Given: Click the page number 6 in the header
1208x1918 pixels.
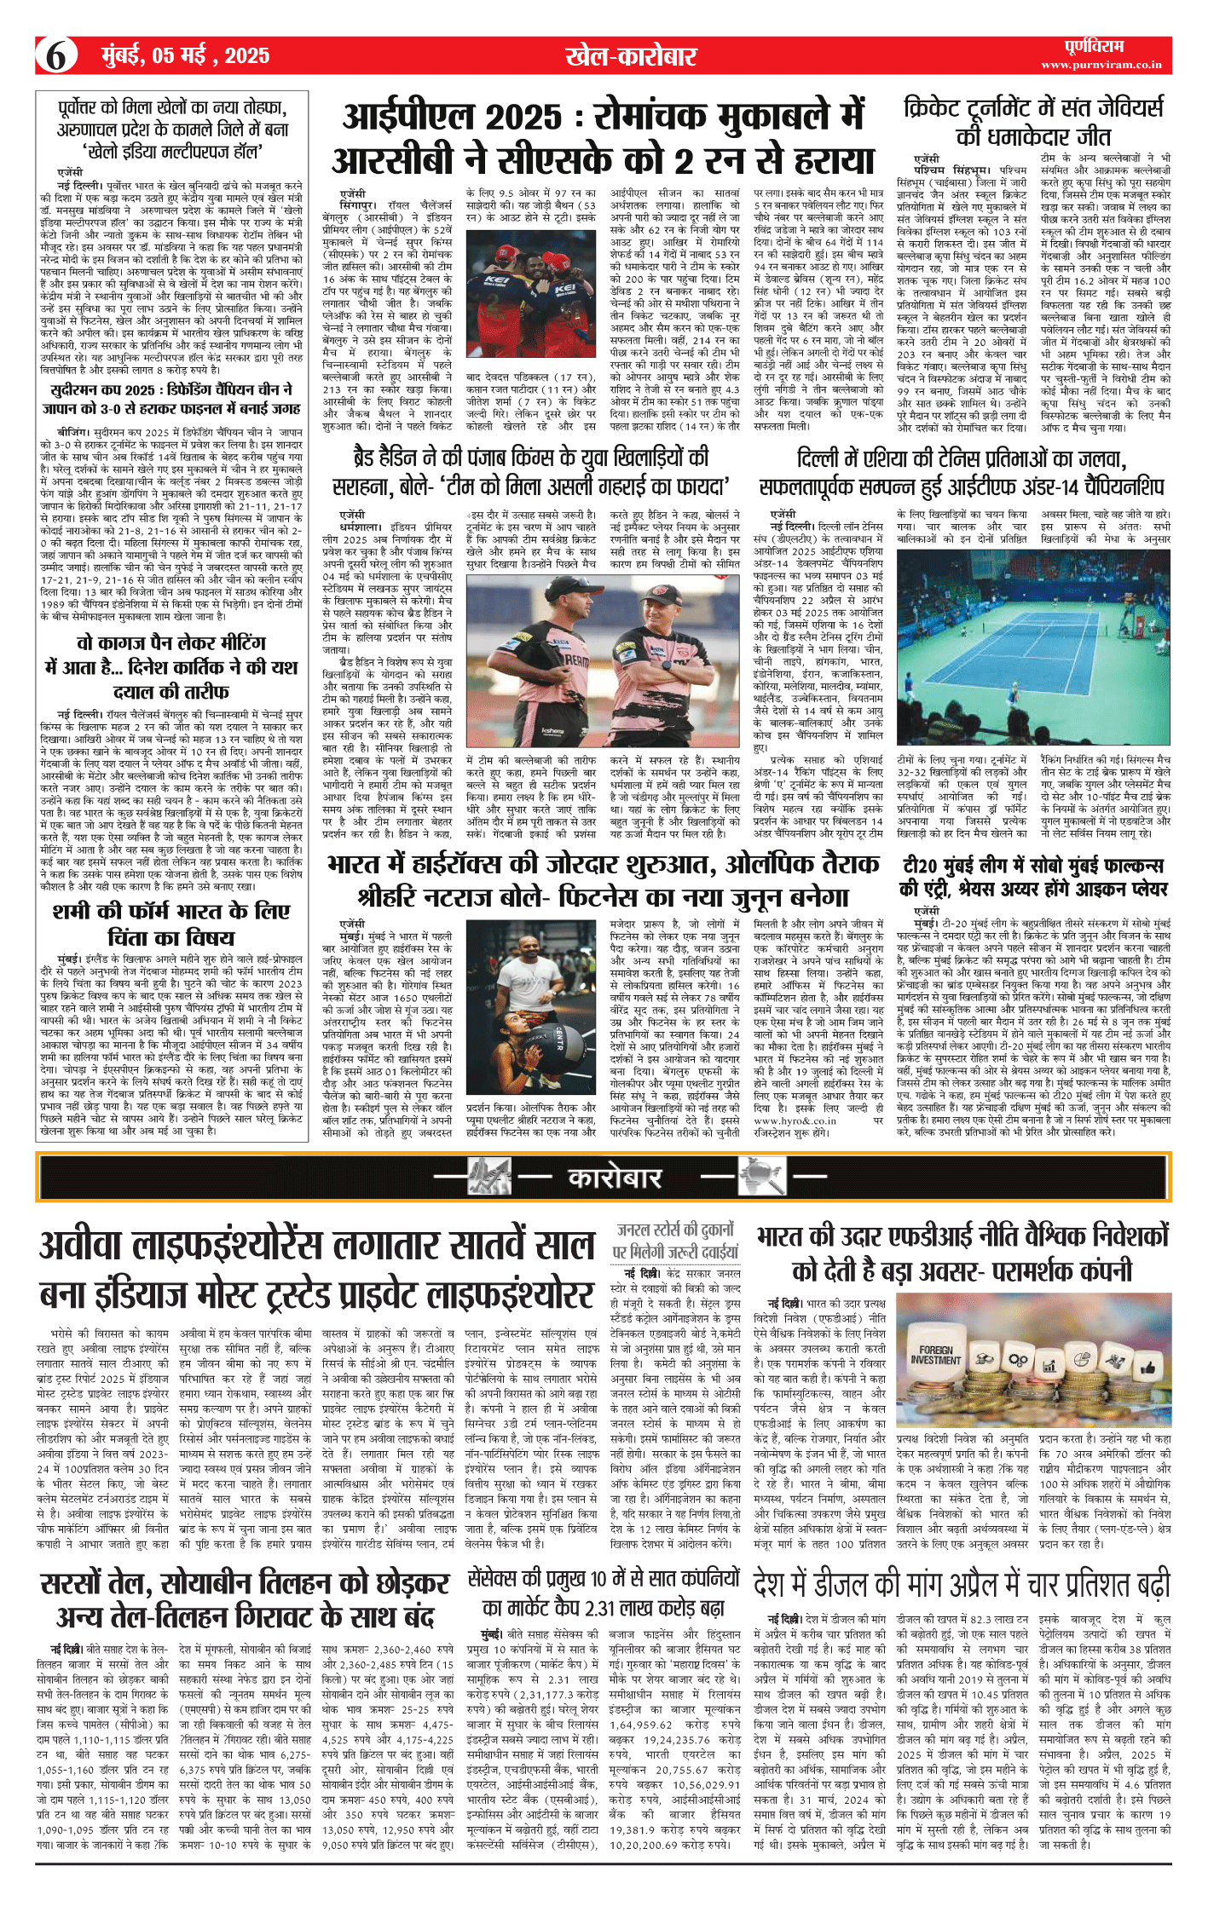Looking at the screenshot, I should coord(56,56).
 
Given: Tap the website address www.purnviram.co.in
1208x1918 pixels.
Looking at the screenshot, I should coord(1101,65).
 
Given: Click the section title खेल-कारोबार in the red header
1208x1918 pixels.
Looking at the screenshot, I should coord(631,56).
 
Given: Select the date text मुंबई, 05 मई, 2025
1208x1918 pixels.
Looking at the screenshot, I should coord(185,56).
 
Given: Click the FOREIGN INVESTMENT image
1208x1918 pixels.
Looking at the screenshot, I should coord(1033,1367).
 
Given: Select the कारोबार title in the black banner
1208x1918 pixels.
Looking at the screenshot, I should coord(614,1178).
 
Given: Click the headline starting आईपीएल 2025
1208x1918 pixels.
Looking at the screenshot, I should coord(603,138).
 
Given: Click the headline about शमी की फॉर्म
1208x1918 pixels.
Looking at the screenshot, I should coord(171,924).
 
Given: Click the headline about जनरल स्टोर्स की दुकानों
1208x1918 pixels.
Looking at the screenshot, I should coord(674,1241).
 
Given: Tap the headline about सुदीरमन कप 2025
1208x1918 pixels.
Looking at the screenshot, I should coord(171,398).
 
